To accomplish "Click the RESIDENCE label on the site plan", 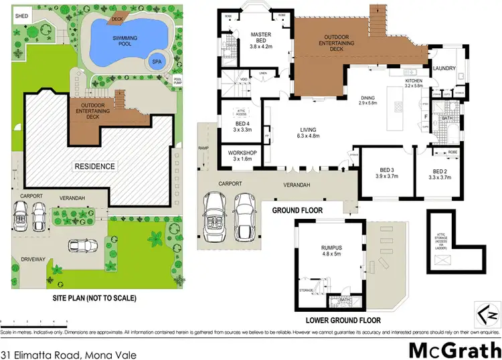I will [94, 166].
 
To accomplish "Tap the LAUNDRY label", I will [444, 68].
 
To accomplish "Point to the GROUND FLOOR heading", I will [297, 211].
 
